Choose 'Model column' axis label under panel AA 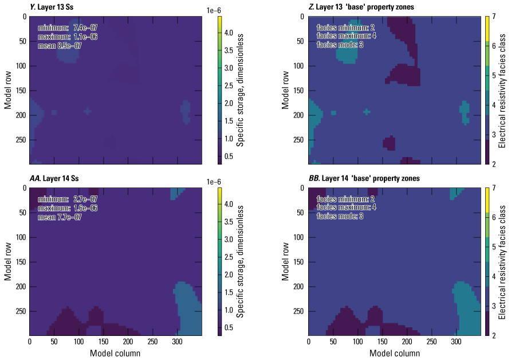pyautogui.click(x=115, y=353)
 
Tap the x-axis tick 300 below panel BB pyautogui.click(x=457, y=342)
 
